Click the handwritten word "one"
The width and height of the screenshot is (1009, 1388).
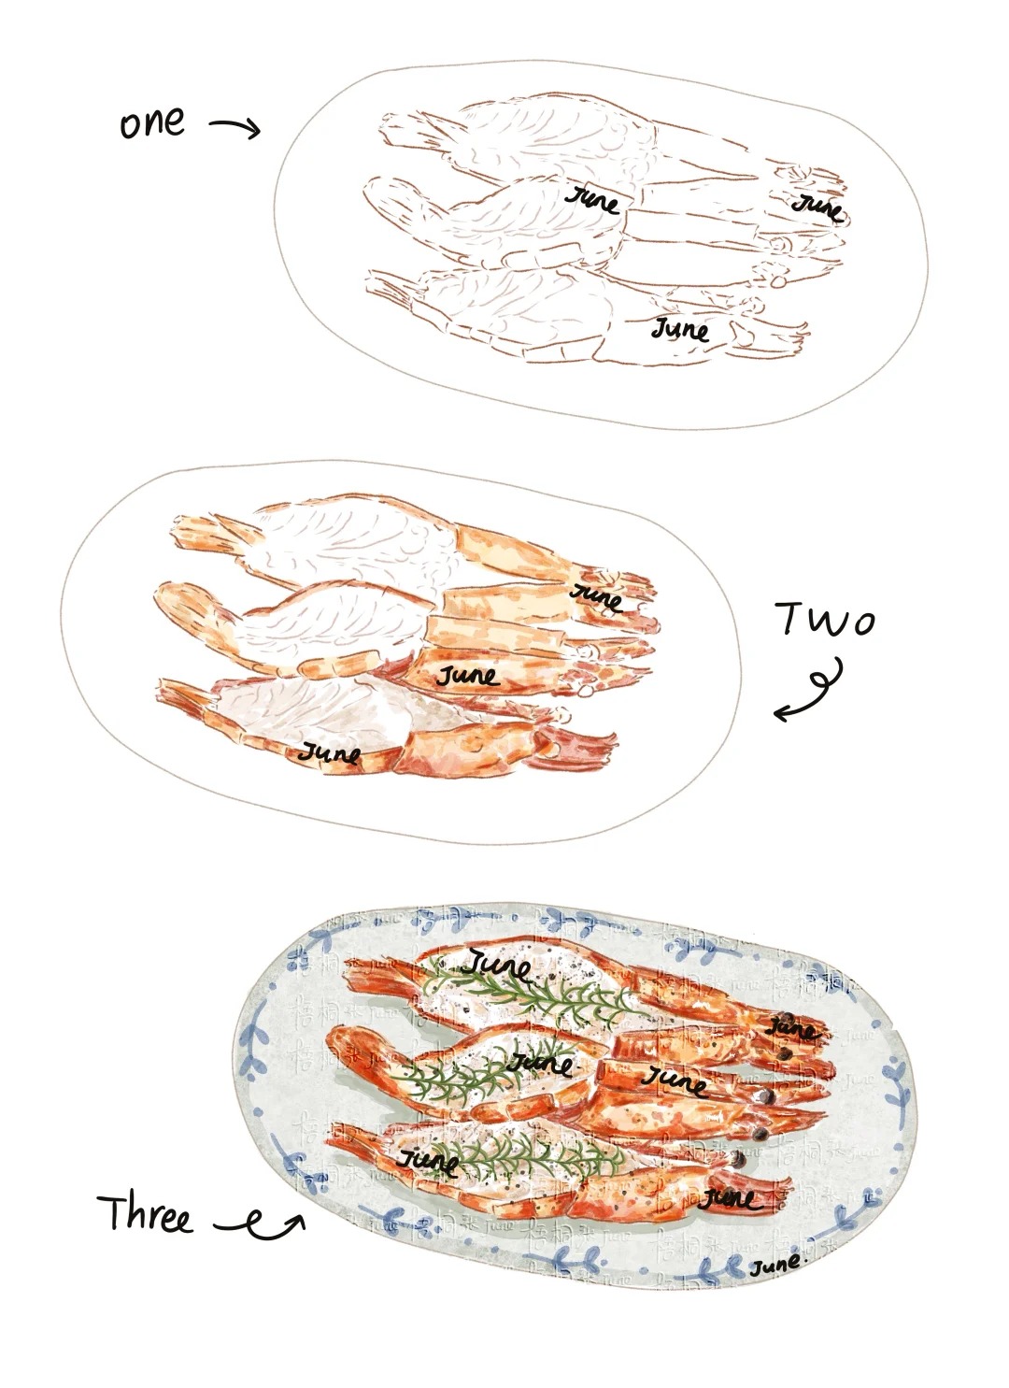[x=151, y=122]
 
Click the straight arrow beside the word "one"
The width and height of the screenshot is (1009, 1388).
[x=234, y=127]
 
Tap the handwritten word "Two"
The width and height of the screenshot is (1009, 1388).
[x=824, y=619]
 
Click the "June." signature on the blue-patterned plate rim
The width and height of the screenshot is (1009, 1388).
[x=775, y=1266]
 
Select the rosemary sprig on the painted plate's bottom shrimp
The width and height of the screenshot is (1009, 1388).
[x=523, y=1152]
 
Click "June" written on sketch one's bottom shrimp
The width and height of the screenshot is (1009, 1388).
[x=680, y=329]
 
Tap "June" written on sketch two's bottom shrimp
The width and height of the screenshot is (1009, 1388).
[x=329, y=751]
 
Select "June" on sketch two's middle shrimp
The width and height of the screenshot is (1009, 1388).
[x=466, y=674]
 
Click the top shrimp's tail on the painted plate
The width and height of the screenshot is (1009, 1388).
[x=374, y=978]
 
